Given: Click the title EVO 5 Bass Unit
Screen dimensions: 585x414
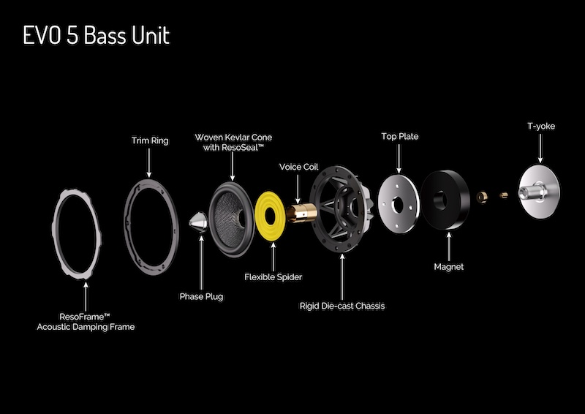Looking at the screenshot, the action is [97, 36].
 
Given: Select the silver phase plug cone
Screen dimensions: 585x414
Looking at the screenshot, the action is [198, 222].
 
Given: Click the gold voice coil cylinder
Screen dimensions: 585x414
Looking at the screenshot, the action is [301, 213].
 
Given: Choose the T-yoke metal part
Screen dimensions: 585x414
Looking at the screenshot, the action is [539, 192].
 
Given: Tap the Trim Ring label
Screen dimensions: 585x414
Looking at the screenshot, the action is [150, 140].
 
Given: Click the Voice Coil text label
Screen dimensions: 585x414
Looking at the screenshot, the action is [299, 167].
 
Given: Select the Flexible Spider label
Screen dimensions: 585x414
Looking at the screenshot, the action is [273, 277].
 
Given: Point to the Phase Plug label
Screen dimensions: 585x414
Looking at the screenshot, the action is [202, 296].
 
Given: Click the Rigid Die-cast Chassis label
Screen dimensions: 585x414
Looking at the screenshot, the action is [342, 306].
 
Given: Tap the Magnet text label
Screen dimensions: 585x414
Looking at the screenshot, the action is [449, 267].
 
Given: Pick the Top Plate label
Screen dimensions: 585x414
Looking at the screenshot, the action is [399, 137].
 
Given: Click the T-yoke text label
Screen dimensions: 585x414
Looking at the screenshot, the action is [541, 127].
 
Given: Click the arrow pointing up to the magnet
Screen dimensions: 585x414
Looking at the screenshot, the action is [449, 246].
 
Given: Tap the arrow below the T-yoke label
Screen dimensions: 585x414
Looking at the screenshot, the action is [540, 148].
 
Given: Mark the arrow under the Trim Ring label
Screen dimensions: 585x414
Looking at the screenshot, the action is [149, 163].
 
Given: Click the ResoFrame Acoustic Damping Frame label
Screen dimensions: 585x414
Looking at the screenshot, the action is [86, 322].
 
